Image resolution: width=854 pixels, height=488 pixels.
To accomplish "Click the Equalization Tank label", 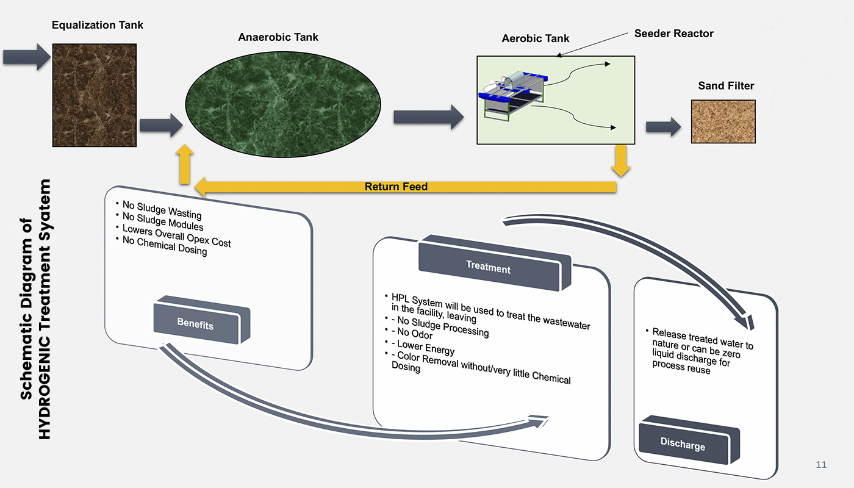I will tap(98, 25).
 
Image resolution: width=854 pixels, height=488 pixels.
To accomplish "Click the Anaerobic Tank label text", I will tap(278, 37).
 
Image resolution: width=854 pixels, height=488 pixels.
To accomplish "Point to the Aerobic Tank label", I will tap(535, 38).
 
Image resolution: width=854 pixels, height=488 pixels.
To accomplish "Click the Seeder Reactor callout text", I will tap(673, 34).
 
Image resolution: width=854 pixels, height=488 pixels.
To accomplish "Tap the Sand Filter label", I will tap(726, 86).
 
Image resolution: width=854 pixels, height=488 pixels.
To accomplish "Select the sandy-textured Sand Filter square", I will tap(723, 121).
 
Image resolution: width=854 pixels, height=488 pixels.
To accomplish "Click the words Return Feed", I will tap(396, 187).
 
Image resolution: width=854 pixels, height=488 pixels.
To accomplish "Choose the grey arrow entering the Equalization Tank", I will tap(27, 57).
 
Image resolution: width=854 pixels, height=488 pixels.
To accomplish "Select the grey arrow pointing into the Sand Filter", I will tap(663, 126).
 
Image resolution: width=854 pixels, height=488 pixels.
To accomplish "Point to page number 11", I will tap(821, 465).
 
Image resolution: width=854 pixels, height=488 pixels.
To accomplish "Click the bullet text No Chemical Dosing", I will tap(165, 245).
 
